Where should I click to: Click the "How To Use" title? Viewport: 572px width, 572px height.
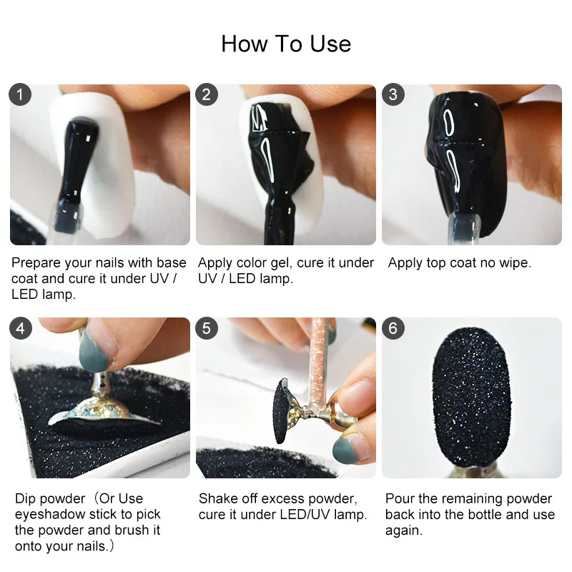click(x=286, y=44)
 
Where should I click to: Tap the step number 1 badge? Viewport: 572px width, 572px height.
click(x=20, y=94)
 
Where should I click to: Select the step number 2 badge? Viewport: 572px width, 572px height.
click(x=207, y=94)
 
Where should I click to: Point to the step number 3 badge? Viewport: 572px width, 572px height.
click(x=393, y=94)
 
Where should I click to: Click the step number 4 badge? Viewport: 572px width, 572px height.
click(x=20, y=328)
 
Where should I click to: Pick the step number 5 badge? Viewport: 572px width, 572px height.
click(x=207, y=328)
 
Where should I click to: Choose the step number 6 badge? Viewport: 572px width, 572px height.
click(x=393, y=328)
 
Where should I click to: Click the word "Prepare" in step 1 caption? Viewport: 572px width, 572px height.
click(x=36, y=263)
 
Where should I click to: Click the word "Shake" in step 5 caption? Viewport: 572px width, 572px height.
click(x=217, y=498)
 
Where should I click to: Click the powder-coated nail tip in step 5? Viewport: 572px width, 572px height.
click(x=282, y=411)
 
